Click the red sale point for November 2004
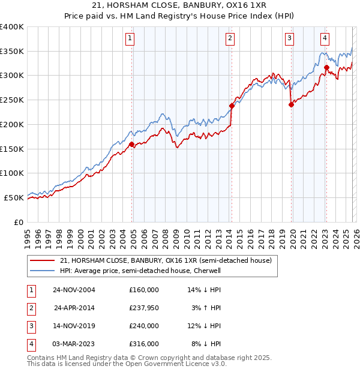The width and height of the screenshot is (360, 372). pos(131,144)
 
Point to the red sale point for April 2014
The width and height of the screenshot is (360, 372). pos(231,106)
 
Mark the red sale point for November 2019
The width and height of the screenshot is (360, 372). pos(291,104)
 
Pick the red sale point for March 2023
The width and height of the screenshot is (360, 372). pos(326,67)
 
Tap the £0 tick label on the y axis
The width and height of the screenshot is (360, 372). pos(19,222)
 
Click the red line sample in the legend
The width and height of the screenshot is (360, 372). pos(42,260)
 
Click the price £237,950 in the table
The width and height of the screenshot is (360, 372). pos(144,308)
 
